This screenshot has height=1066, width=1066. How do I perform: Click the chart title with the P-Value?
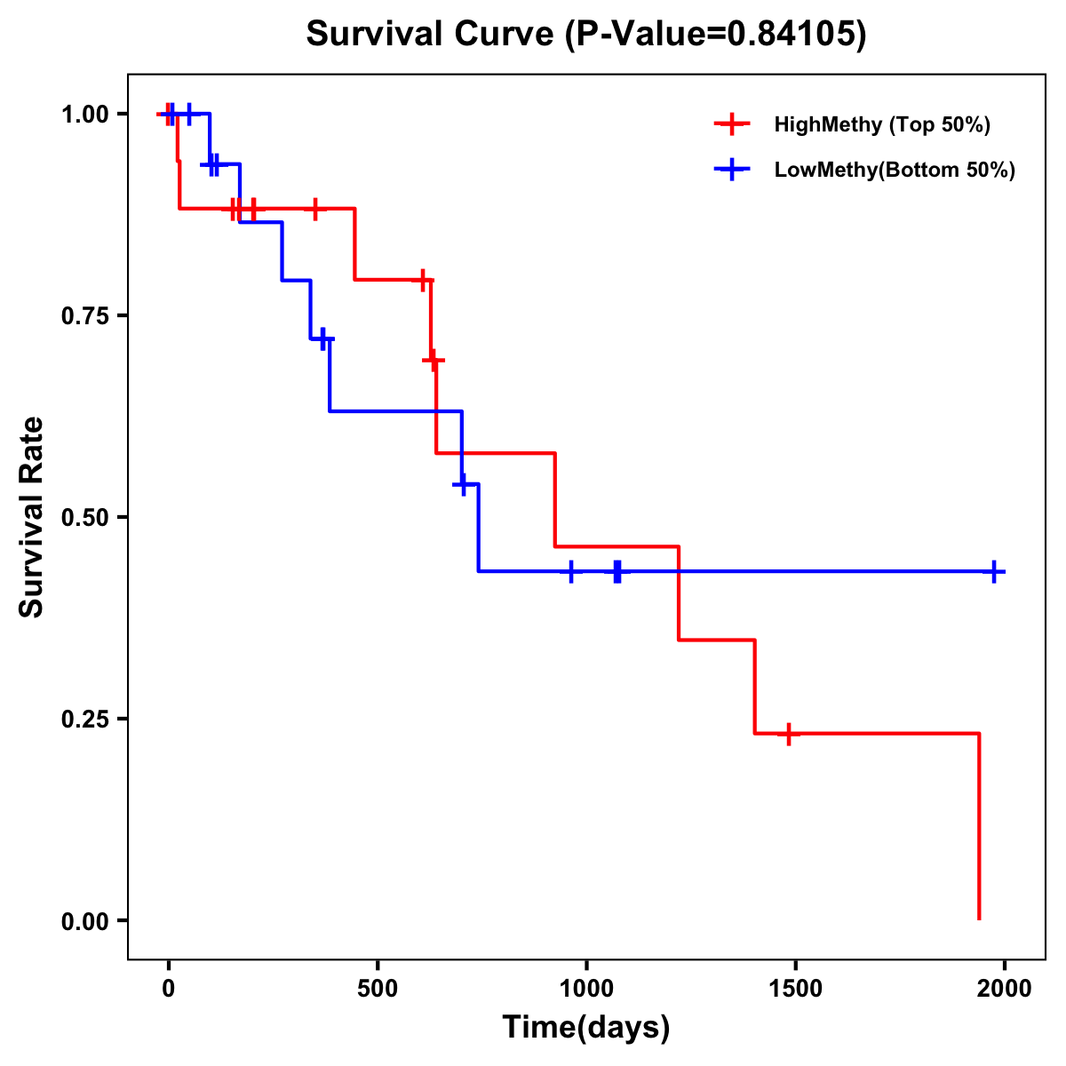[585, 34]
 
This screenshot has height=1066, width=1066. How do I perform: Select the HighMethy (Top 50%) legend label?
[882, 124]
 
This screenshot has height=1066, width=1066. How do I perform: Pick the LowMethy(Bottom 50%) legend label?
[895, 170]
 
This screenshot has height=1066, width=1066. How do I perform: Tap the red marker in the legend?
[732, 124]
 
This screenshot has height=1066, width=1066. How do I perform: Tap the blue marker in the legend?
[732, 170]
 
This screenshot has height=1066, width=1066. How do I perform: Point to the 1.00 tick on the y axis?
[84, 115]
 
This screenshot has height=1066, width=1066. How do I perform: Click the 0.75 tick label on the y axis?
[84, 316]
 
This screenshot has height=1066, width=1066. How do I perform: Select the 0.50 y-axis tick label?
[84, 518]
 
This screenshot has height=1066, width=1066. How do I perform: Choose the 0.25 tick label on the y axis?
[84, 720]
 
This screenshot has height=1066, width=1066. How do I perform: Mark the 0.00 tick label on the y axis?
[84, 921]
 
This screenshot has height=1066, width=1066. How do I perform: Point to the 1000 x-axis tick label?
[586, 989]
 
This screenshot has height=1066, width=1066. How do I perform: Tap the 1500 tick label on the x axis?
[795, 989]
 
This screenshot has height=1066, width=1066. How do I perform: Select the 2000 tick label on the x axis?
[1005, 989]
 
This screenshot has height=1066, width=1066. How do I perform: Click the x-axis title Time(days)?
[586, 1028]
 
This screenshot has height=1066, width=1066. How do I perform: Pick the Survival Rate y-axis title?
[33, 517]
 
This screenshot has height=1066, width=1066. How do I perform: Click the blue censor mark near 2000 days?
[995, 571]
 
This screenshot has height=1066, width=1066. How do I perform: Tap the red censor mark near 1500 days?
[788, 734]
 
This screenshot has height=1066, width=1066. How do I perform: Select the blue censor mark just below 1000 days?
[571, 571]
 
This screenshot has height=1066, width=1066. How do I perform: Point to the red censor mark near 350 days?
[314, 209]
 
